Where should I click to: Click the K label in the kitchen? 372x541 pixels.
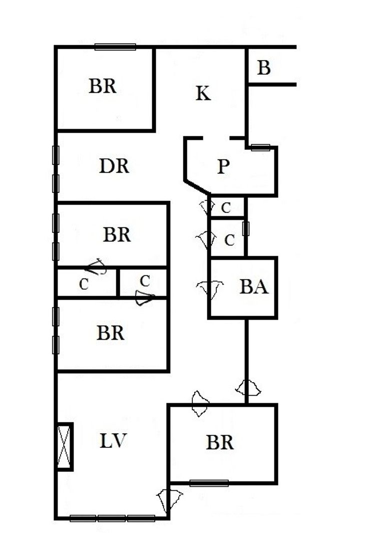pyautogui.click(x=203, y=94)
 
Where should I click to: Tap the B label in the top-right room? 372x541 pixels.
pyautogui.click(x=264, y=68)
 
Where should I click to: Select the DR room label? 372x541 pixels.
pyautogui.click(x=114, y=166)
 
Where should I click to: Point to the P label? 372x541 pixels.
pyautogui.click(x=223, y=167)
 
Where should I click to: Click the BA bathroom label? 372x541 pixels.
pyautogui.click(x=254, y=287)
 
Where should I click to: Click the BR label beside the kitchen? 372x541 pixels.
pyautogui.click(x=103, y=86)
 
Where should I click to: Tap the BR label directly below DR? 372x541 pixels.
pyautogui.click(x=117, y=234)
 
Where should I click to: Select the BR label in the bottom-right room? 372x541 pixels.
pyautogui.click(x=220, y=443)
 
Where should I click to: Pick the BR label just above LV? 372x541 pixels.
pyautogui.click(x=111, y=333)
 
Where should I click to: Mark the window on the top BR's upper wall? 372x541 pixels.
pyautogui.click(x=115, y=47)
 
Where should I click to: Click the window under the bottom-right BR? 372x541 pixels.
pyautogui.click(x=209, y=483)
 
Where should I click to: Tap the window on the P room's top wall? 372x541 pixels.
pyautogui.click(x=260, y=147)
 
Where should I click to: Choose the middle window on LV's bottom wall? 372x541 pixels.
pyautogui.click(x=112, y=518)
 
